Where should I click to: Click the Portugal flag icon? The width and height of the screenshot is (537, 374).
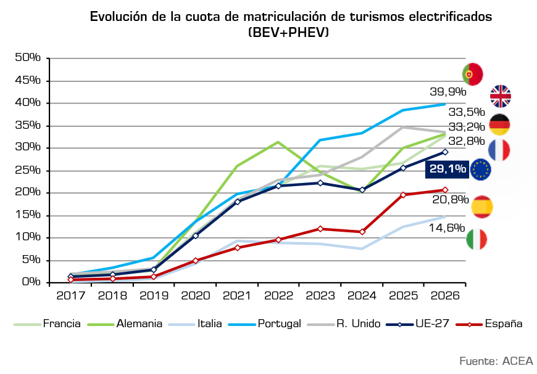(x=473, y=74)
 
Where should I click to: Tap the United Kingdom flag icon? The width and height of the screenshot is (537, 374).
(x=501, y=96)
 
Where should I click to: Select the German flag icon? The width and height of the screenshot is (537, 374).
(x=499, y=124)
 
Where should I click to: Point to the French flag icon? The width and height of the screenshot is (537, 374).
(x=499, y=150)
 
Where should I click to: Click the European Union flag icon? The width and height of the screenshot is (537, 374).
(x=481, y=169)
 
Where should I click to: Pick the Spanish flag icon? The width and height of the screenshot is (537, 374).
(x=482, y=206)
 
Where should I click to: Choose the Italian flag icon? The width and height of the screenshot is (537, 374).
(x=477, y=239)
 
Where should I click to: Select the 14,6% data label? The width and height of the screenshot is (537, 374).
(x=447, y=228)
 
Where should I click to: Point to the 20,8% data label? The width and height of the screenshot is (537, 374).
(x=447, y=198)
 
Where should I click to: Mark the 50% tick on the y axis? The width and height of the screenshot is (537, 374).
(x=28, y=57)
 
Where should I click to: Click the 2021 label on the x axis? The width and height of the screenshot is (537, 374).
(x=238, y=295)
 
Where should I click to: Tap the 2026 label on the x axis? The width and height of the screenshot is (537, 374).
(x=445, y=295)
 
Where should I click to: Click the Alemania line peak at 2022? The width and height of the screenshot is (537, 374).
(x=278, y=142)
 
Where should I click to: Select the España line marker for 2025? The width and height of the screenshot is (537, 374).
(x=404, y=195)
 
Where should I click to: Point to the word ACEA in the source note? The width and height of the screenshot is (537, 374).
(x=518, y=360)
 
